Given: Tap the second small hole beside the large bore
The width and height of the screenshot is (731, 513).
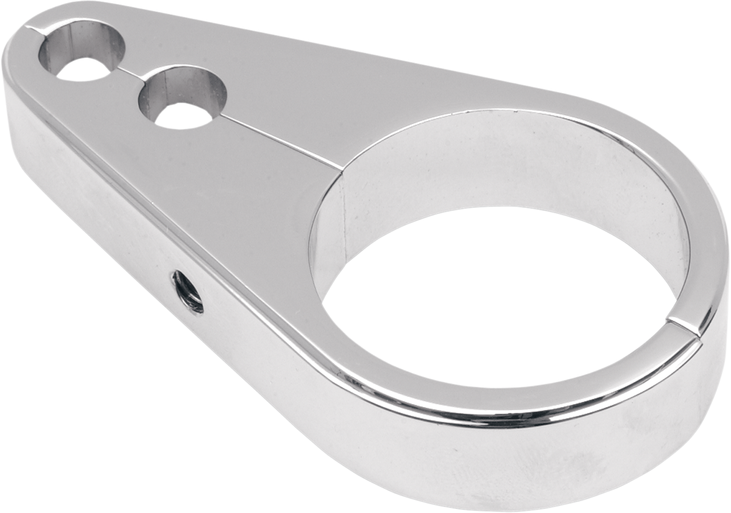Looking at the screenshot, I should click(x=182, y=97).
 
